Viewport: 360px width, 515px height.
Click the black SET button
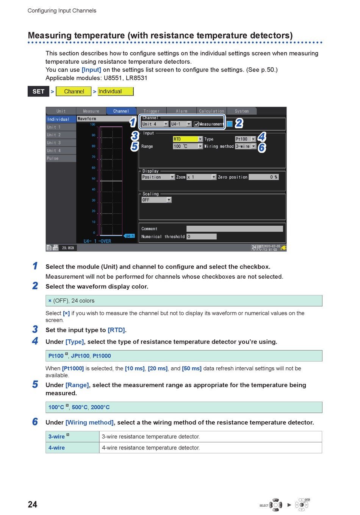click(x=38, y=91)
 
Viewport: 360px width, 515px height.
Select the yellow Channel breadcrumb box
click(x=74, y=91)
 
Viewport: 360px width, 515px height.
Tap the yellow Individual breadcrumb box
click(x=115, y=91)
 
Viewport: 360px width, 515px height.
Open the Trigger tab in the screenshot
click(x=151, y=111)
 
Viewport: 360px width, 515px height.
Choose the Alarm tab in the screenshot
click(x=182, y=111)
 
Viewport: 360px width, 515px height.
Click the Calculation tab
click(x=211, y=111)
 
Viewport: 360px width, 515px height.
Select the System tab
click(x=242, y=111)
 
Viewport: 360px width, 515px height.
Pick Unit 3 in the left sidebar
click(x=61, y=143)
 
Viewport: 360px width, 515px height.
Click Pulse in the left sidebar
click(x=61, y=158)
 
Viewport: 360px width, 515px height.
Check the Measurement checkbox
click(x=196, y=124)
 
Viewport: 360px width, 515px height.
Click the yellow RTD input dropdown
click(x=188, y=139)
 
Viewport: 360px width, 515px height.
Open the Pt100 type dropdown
click(x=245, y=139)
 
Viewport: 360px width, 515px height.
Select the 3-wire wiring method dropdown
click(x=246, y=146)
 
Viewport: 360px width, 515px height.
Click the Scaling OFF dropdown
click(x=157, y=200)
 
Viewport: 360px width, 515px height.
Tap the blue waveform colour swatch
click(x=230, y=124)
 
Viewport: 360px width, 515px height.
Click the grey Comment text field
click(x=235, y=229)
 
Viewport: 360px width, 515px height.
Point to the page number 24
click(x=33, y=504)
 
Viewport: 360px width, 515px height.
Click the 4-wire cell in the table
click(x=57, y=448)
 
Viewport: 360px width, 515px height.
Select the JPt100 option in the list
click(x=80, y=356)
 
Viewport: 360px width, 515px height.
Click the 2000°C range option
click(x=100, y=407)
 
